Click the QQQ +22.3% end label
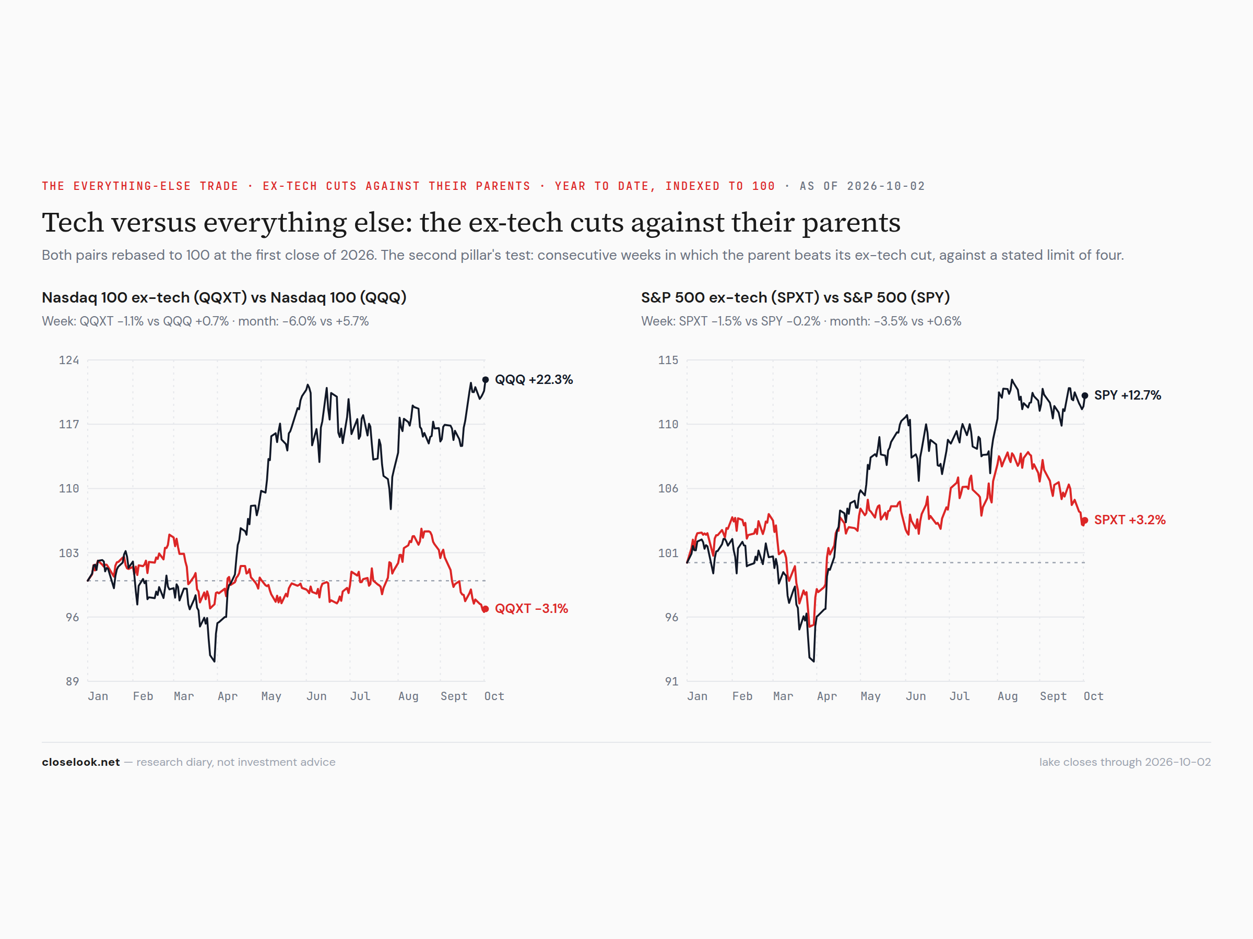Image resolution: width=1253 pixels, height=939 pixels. click(x=534, y=379)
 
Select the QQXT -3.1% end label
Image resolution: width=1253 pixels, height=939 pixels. click(x=531, y=608)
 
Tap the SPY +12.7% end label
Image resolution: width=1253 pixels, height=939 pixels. click(x=1127, y=395)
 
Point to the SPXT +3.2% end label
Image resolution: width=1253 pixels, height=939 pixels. click(x=1129, y=520)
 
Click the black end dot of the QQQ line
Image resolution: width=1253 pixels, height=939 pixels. click(x=486, y=380)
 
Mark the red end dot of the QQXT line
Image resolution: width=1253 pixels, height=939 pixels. click(x=486, y=609)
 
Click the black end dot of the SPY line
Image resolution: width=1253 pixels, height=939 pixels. click(x=1085, y=395)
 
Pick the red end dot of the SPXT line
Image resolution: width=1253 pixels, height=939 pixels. click(x=1085, y=520)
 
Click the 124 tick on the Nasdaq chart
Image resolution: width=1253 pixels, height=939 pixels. click(x=69, y=360)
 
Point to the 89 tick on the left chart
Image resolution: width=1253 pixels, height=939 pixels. click(x=73, y=681)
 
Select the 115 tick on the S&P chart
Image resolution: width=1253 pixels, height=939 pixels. click(x=668, y=360)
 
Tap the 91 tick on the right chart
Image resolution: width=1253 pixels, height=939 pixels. click(x=671, y=681)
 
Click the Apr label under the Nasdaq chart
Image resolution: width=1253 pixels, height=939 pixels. click(x=228, y=696)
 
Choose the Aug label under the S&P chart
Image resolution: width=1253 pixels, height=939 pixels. click(x=1008, y=696)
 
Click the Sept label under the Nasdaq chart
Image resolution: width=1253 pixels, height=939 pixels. click(x=454, y=696)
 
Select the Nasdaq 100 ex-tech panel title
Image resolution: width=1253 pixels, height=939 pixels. click(x=224, y=297)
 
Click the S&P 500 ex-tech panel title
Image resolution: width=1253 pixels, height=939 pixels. click(x=795, y=297)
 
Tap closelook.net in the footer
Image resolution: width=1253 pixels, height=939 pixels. click(x=81, y=762)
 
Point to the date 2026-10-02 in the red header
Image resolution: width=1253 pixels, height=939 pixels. click(x=885, y=186)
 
